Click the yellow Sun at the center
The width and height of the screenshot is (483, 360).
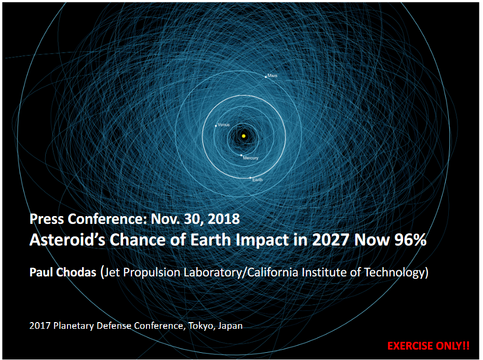tap(244, 136)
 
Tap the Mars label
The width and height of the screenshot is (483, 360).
tap(272, 75)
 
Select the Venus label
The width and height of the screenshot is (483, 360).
tap(224, 125)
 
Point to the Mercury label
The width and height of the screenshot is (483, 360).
tap(251, 158)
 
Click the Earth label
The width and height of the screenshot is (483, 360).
tap(257, 180)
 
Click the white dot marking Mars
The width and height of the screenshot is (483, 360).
tap(266, 77)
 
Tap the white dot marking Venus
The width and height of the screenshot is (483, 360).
tap(216, 126)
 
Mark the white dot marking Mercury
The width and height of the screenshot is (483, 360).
tap(241, 155)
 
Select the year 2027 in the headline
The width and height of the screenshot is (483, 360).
tap(331, 239)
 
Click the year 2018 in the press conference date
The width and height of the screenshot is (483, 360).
tap(224, 219)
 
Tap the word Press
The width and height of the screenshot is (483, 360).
tap(47, 219)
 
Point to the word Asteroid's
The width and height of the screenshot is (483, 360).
tap(68, 239)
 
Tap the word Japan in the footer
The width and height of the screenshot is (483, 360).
tap(230, 326)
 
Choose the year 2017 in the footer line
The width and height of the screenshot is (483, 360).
tap(40, 326)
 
